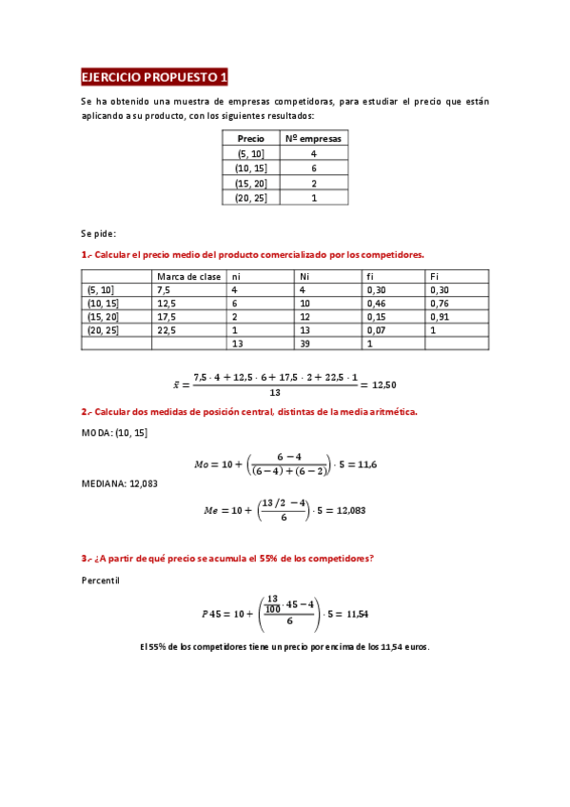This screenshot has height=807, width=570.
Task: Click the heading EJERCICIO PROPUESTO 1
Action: pyautogui.click(x=155, y=77)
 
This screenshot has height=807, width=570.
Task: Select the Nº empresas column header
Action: pyautogui.click(x=313, y=138)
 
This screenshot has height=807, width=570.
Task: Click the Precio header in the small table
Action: pyautogui.click(x=250, y=138)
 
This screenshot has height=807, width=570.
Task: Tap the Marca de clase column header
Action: pyautogui.click(x=188, y=276)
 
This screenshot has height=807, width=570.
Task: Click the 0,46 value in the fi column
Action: pyautogui.click(x=377, y=304)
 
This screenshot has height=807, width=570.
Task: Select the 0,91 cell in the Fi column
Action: pyautogui.click(x=441, y=317)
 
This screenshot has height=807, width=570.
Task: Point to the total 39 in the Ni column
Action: pyautogui.click(x=305, y=344)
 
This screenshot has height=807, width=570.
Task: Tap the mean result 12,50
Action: pyautogui.click(x=383, y=385)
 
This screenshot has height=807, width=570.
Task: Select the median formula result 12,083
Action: pyautogui.click(x=349, y=510)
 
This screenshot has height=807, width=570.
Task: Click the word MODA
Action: pyautogui.click(x=97, y=433)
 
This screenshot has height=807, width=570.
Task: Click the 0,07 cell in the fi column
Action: pyautogui.click(x=377, y=330)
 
